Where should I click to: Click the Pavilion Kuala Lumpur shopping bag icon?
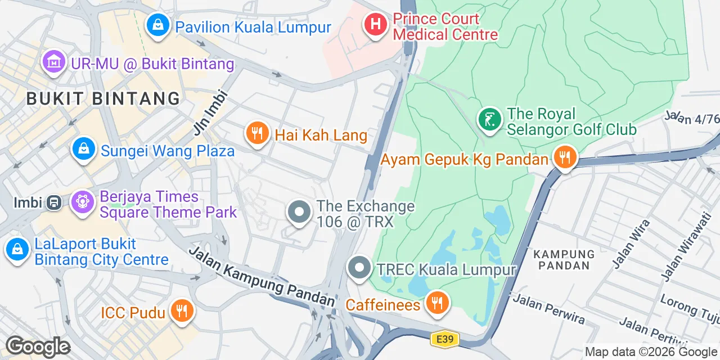coord(159,25)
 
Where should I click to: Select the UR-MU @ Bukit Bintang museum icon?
coord(54,62)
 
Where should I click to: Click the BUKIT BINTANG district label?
coord(103,98)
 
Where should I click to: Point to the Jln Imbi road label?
coord(210,112)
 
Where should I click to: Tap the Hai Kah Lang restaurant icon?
coord(258,134)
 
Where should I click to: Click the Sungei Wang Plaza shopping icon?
coord(83,150)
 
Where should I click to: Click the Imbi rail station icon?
coord(55,202)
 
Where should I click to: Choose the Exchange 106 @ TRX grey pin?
coord(299,213)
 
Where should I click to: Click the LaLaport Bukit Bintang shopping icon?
coord(17,250)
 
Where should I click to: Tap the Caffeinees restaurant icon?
coord(436,303)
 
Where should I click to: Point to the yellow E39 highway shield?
coord(444,339)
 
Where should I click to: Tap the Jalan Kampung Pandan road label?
coord(262,277)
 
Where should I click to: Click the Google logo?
coord(37,346)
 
